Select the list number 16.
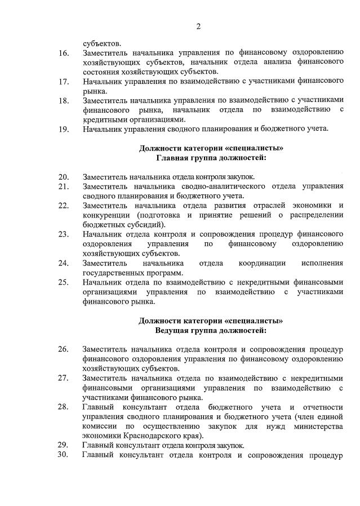[x=64, y=53]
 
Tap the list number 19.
[x=64, y=129]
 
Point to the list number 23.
[x=64, y=234]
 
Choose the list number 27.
[x=64, y=378]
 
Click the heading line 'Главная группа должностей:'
[x=211, y=158]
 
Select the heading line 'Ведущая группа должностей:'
[x=211, y=330]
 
